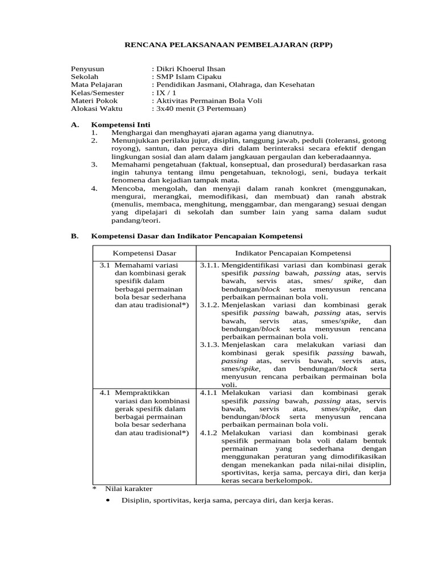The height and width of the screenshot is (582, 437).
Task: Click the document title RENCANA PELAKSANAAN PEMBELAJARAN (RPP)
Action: tap(218, 45)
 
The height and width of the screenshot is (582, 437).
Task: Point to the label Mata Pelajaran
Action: tap(93, 84)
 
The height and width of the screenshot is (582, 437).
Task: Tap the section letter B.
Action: tap(74, 235)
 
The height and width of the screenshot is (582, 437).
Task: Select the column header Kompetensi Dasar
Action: tap(144, 253)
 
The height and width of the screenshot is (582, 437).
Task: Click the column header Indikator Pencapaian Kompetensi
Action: tap(293, 253)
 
